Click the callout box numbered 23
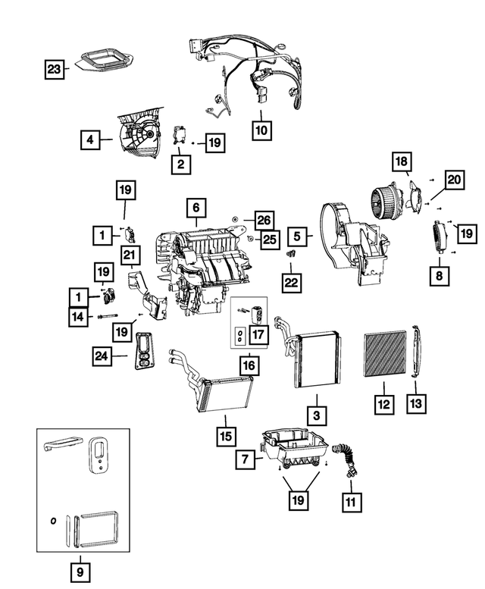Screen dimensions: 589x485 coord(52,70)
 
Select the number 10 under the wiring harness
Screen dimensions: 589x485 coord(261,130)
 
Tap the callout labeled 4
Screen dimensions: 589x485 coord(90,139)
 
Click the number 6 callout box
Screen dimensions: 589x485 coord(195,207)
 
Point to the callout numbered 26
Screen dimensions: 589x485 coord(263,219)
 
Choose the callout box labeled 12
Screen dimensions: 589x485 coord(384,405)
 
